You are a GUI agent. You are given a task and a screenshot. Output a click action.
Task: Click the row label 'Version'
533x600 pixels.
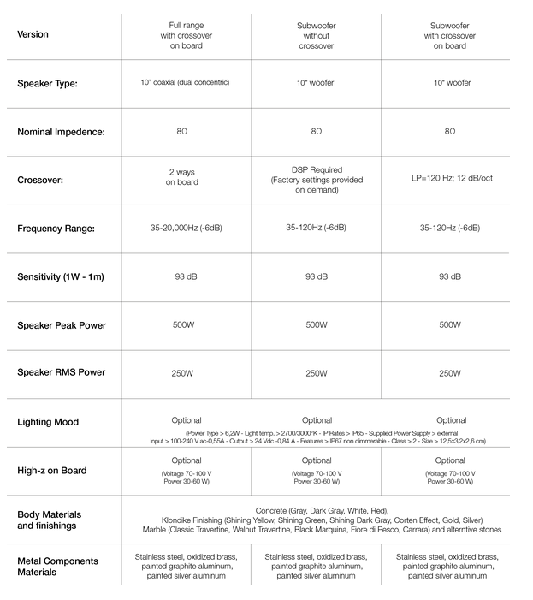tap(33, 35)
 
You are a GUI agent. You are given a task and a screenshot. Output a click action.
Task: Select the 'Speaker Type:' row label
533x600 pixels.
tap(48, 84)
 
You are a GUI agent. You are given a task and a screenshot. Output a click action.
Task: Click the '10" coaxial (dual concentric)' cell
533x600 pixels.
tap(186, 83)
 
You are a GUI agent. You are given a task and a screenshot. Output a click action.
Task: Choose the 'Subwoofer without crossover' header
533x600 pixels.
tap(316, 35)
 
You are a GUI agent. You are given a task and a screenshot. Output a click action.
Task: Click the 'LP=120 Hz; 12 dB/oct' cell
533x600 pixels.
tap(450, 181)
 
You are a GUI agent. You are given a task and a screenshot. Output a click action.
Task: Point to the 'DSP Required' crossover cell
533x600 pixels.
tap(317, 181)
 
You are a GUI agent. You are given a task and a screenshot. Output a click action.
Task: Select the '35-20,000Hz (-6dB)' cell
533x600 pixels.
tap(186, 229)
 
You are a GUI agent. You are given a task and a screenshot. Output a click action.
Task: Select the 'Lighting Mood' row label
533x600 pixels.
tap(47, 422)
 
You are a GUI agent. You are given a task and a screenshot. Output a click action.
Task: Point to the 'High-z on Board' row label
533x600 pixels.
tap(52, 471)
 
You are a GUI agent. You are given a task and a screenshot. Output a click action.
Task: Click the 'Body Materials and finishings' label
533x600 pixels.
tap(50, 520)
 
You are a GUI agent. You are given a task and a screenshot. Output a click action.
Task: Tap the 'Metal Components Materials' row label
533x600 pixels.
tap(58, 566)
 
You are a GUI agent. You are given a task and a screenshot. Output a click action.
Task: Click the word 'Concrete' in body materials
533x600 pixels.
tap(273, 511)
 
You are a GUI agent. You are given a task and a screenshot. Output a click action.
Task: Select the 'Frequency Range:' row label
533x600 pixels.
tap(56, 229)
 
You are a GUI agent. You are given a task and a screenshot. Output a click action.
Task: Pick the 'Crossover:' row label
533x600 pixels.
tap(40, 181)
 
